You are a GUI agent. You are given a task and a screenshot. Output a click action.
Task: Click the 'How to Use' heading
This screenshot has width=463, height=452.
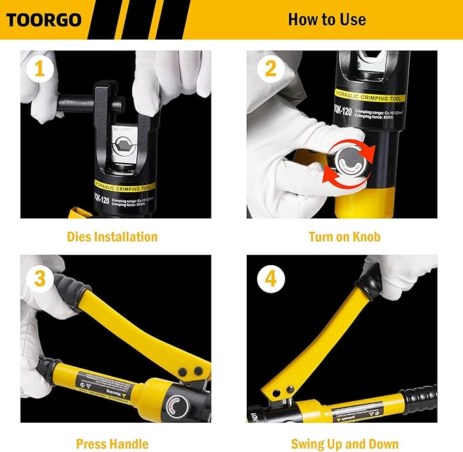(327, 19)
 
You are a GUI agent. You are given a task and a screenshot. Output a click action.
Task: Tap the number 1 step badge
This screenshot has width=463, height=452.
(40, 69)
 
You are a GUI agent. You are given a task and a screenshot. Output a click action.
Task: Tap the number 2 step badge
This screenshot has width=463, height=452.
(271, 69)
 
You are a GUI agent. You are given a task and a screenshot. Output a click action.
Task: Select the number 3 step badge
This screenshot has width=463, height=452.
(40, 278)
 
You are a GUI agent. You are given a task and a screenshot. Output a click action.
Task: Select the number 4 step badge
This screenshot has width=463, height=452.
(271, 278)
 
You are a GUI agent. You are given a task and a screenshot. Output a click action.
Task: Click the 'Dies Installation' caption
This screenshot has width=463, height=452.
(113, 237)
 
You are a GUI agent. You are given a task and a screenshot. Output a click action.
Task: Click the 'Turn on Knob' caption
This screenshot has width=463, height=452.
(344, 237)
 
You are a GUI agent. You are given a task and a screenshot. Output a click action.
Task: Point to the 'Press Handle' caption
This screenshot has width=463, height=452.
(113, 444)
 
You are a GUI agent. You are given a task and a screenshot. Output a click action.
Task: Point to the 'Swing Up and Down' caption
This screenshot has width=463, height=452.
(344, 444)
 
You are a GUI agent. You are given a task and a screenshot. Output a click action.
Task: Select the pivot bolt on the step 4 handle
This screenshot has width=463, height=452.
(280, 390)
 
